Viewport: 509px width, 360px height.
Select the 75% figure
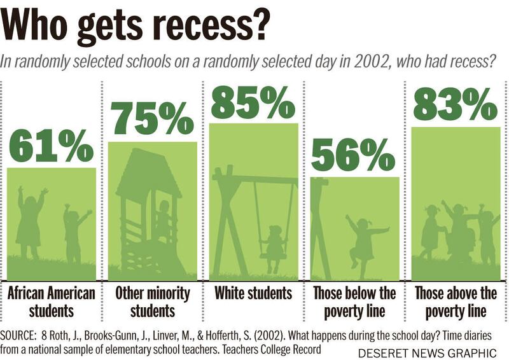pyautogui.click(x=152, y=118)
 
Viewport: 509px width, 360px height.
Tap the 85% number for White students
pyautogui.click(x=253, y=102)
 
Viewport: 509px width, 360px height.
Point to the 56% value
pyautogui.click(x=353, y=155)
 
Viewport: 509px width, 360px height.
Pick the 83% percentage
pyautogui.click(x=455, y=105)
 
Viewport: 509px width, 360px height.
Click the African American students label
pyautogui.click(x=51, y=302)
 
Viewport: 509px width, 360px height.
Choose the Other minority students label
pyautogui.click(x=152, y=302)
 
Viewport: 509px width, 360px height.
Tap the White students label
pyautogui.click(x=253, y=294)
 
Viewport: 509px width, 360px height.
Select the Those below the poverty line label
pyautogui.click(x=354, y=302)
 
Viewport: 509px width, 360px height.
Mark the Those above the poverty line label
pyautogui.click(x=456, y=302)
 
